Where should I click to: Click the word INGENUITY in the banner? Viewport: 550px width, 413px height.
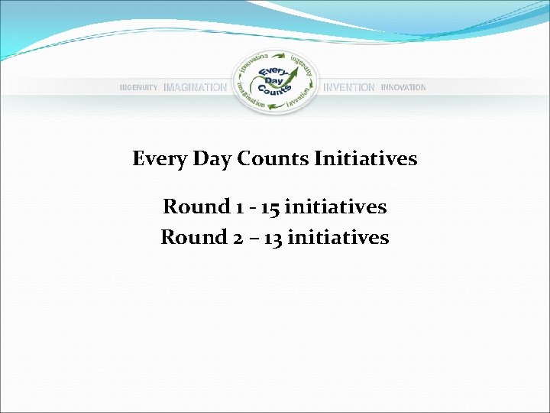[x=139, y=88]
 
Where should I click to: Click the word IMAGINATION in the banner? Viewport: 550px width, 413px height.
[x=195, y=88]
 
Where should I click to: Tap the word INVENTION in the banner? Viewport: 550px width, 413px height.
[x=349, y=88]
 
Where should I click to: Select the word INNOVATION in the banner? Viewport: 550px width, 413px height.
[x=403, y=88]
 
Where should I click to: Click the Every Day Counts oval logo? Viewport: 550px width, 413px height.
[x=274, y=82]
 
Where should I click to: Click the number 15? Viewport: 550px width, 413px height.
[x=270, y=207]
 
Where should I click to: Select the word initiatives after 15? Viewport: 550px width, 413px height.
[x=335, y=207]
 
